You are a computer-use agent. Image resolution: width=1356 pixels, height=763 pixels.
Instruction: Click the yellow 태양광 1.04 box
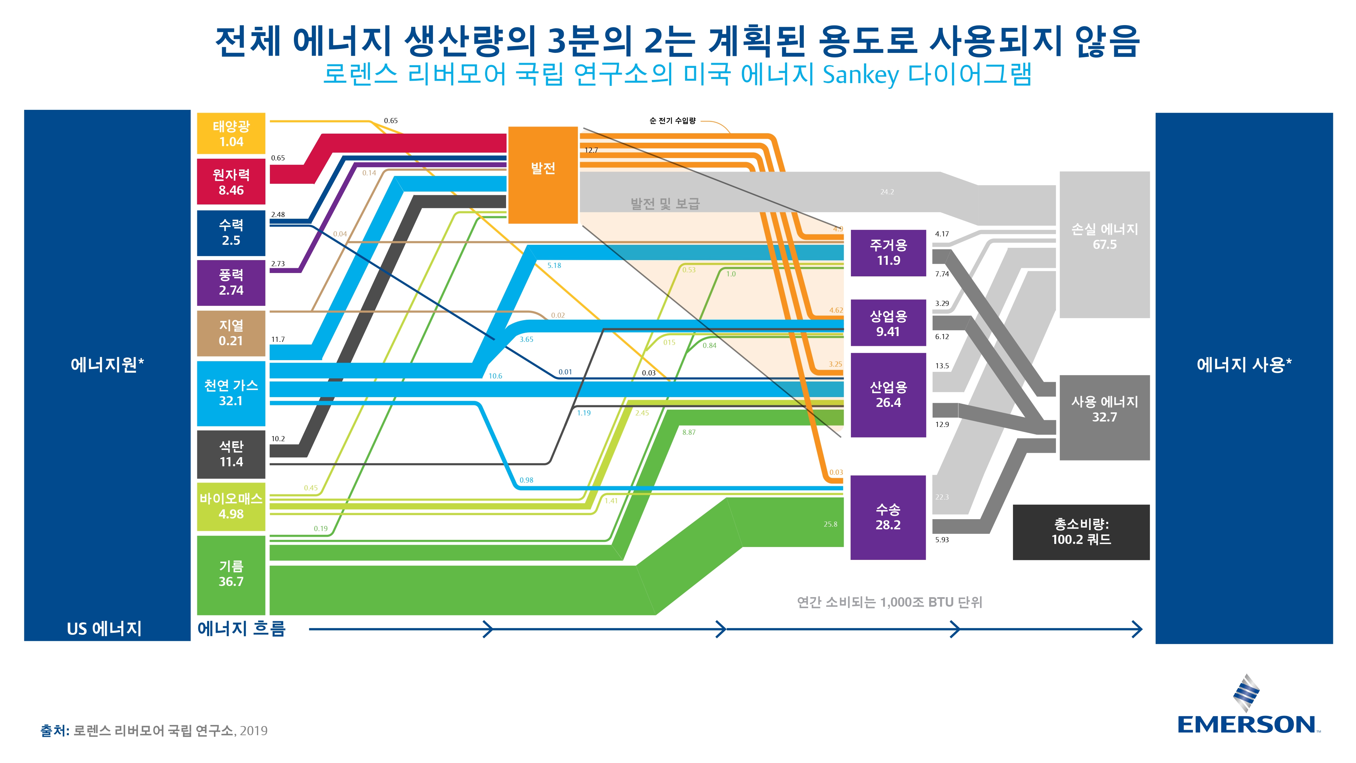pyautogui.click(x=231, y=133)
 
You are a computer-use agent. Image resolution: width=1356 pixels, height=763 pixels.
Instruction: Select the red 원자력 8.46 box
pyautogui.click(x=231, y=182)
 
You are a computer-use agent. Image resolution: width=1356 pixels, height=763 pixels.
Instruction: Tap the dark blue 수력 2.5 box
pyautogui.click(x=231, y=233)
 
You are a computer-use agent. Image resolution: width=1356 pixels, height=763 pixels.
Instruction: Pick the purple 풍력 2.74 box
pyautogui.click(x=231, y=283)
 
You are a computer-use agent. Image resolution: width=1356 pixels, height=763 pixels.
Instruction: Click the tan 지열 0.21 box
pyautogui.click(x=231, y=333)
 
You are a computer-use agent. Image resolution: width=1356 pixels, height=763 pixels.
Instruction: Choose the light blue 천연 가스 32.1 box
pyautogui.click(x=231, y=393)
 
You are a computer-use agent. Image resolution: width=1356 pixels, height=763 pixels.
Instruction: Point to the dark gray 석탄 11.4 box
pyautogui.click(x=231, y=454)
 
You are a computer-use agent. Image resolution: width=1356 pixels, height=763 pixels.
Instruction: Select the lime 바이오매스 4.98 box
pyautogui.click(x=231, y=507)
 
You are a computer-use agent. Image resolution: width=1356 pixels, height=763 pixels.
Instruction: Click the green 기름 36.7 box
pyautogui.click(x=231, y=575)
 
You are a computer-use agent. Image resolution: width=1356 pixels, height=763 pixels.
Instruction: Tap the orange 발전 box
pyautogui.click(x=543, y=175)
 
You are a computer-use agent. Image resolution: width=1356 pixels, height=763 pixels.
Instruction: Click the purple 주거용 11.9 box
pyautogui.click(x=889, y=253)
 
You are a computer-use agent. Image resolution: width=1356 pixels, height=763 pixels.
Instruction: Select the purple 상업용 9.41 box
pyautogui.click(x=889, y=323)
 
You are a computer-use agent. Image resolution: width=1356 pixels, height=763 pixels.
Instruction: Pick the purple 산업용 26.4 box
pyautogui.click(x=889, y=395)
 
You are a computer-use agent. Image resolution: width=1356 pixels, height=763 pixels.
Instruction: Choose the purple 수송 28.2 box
pyautogui.click(x=889, y=517)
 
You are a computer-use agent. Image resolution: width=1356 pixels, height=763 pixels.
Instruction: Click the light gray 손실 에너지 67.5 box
pyautogui.click(x=1104, y=244)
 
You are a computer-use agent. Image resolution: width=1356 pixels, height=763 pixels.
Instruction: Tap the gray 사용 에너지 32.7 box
pyautogui.click(x=1104, y=417)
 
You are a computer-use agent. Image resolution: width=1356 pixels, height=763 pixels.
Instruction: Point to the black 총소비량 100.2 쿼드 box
pyautogui.click(x=1081, y=532)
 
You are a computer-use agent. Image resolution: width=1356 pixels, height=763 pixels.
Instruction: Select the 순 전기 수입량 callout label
pyautogui.click(x=672, y=121)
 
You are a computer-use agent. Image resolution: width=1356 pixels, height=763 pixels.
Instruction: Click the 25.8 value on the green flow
pyautogui.click(x=830, y=524)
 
